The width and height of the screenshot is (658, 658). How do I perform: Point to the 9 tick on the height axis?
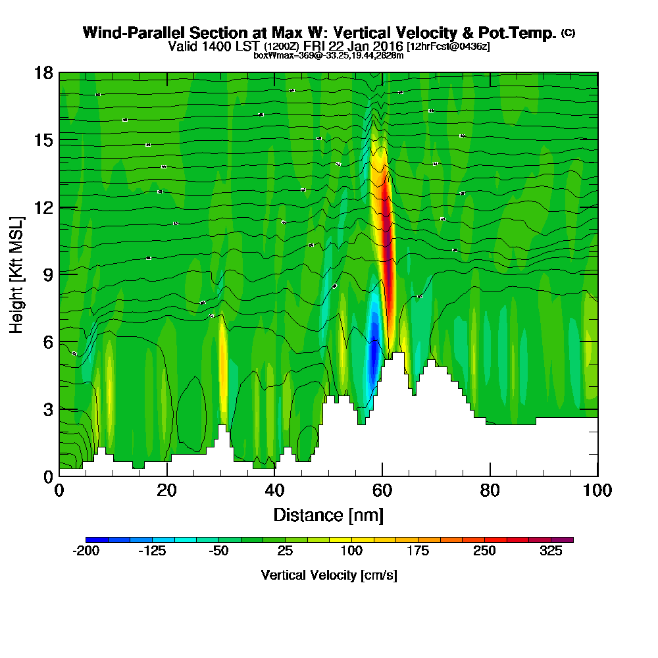(x=59, y=274)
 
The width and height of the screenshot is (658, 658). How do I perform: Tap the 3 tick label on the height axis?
(x=47, y=409)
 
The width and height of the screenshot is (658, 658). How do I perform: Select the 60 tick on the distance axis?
(x=382, y=475)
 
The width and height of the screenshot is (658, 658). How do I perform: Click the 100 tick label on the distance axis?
(x=597, y=490)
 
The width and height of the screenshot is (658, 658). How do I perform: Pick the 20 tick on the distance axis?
(x=167, y=475)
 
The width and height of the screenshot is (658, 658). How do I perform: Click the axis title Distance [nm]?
(x=328, y=515)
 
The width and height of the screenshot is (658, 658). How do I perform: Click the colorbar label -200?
(x=86, y=552)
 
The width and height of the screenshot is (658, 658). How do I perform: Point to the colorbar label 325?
(x=551, y=552)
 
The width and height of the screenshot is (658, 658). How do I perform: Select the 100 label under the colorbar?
(x=352, y=552)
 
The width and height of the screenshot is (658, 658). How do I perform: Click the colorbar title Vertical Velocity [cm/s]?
(x=329, y=575)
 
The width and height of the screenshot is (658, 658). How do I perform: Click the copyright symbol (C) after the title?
(x=569, y=33)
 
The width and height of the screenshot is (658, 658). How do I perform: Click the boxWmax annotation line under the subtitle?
(x=328, y=55)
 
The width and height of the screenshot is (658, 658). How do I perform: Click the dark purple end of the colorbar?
(x=567, y=540)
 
